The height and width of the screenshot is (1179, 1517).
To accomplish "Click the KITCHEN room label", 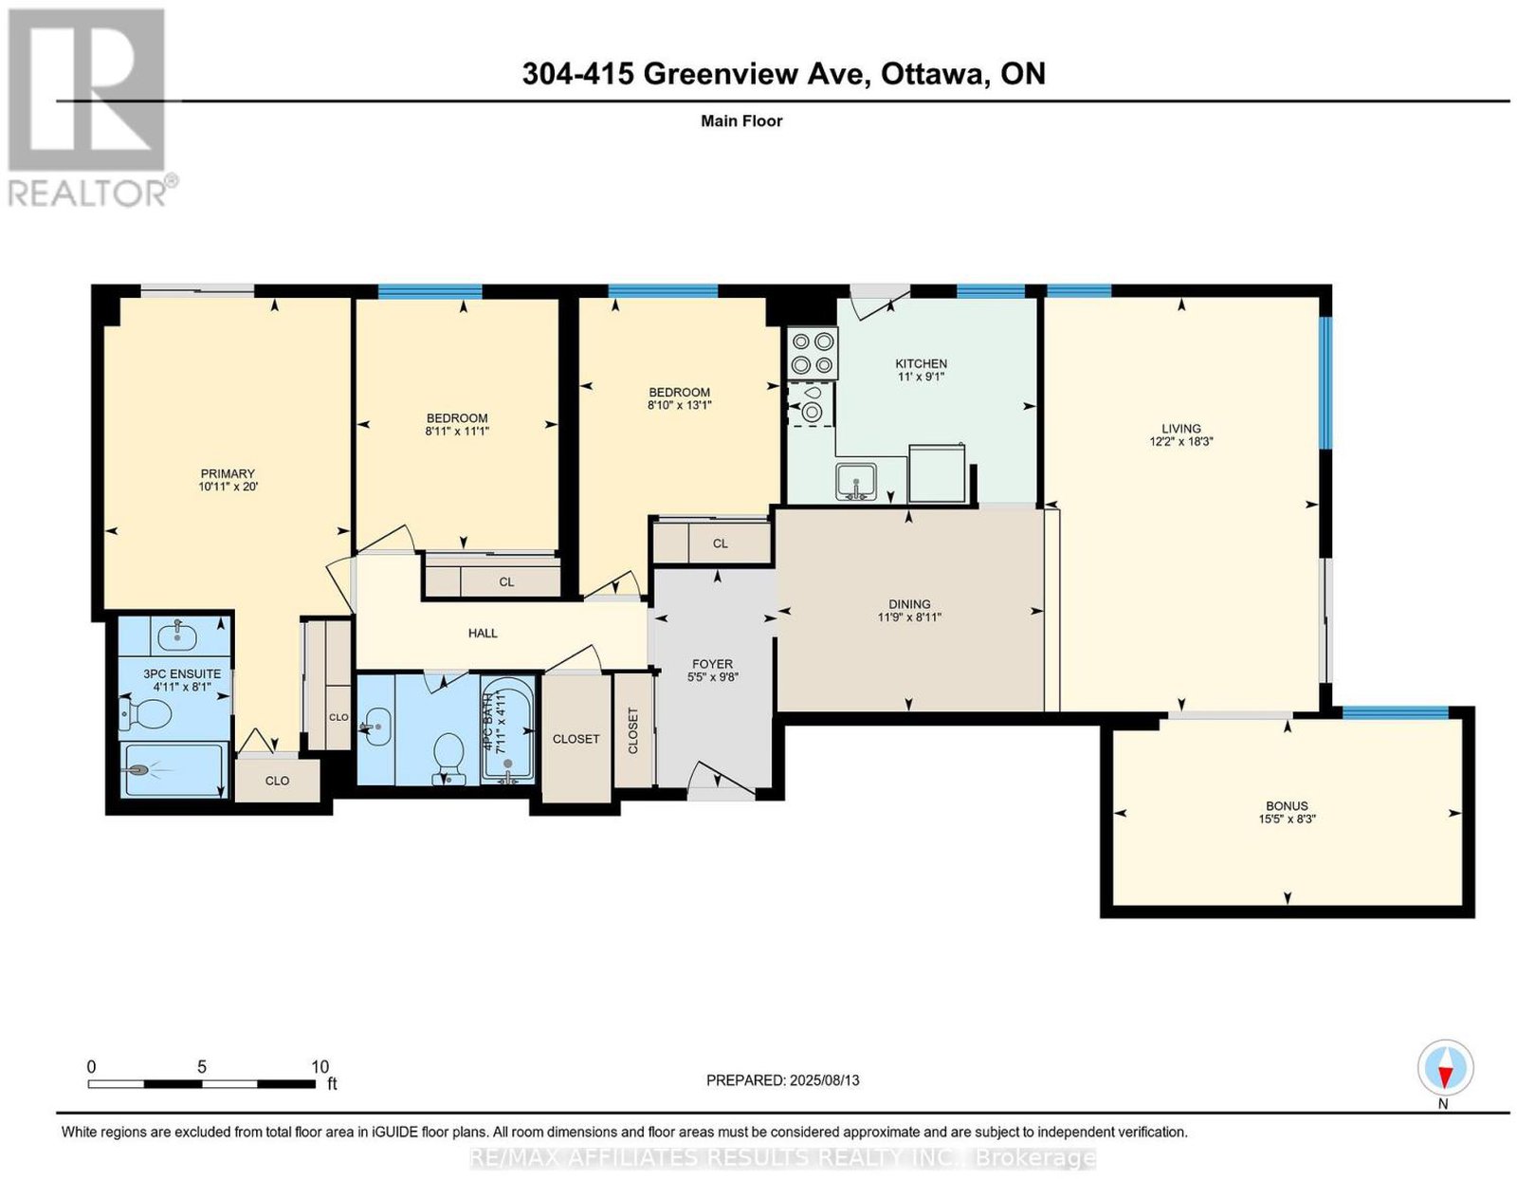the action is click(x=921, y=363).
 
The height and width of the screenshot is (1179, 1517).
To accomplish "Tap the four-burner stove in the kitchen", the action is click(x=813, y=353).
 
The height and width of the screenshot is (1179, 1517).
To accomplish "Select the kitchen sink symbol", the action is click(x=856, y=481).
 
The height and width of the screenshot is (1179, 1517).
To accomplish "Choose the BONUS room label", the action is click(x=1287, y=805).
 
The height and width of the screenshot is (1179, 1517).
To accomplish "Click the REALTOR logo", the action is click(x=89, y=108).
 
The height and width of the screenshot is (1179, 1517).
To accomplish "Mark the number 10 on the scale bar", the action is click(x=320, y=1067).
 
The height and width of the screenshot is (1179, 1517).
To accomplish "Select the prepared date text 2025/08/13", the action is click(x=825, y=1080).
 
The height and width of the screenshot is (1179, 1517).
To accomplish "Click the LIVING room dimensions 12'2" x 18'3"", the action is click(x=1181, y=441).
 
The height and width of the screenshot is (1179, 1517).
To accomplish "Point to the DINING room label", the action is click(x=909, y=604).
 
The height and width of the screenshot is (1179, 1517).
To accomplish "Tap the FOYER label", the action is click(x=712, y=664).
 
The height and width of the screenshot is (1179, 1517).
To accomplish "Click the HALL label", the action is click(x=483, y=633).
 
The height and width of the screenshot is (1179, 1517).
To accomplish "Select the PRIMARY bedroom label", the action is click(x=227, y=473).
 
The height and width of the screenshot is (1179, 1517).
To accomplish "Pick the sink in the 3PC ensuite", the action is click(x=177, y=635).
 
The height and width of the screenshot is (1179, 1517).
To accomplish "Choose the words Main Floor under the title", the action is click(x=741, y=120).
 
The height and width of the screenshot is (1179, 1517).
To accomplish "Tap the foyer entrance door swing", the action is click(x=722, y=783).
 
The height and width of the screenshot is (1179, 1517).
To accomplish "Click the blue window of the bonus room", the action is click(x=1395, y=712).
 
